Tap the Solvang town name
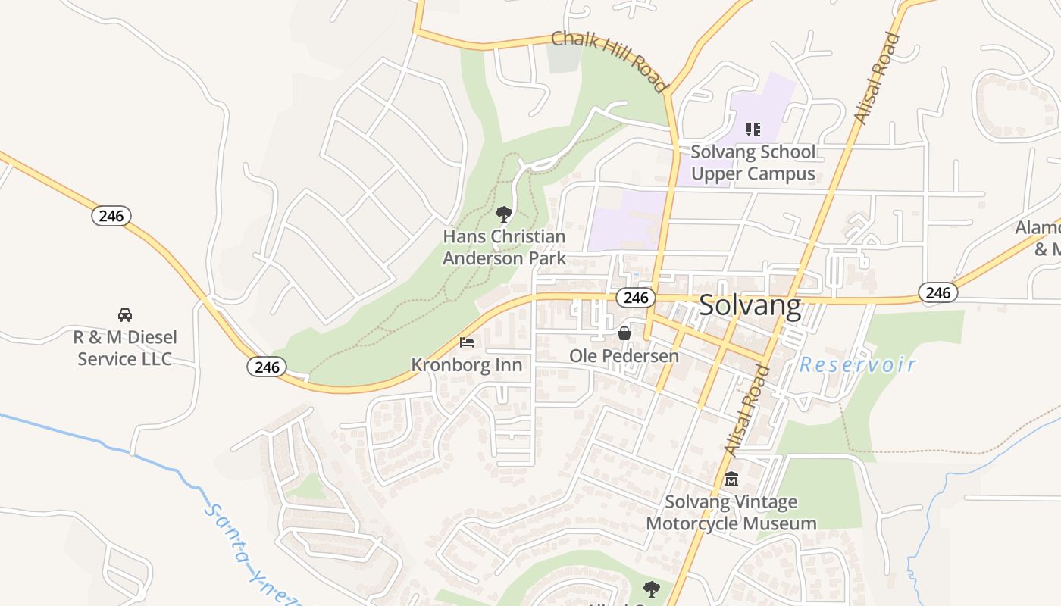point(750,305)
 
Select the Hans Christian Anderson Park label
point(504,247)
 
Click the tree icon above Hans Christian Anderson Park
point(503,214)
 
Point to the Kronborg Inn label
point(467,365)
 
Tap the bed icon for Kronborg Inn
point(467,342)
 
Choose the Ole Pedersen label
point(624,355)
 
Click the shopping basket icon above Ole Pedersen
point(624,333)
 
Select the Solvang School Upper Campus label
point(753,163)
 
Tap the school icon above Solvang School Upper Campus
point(753,130)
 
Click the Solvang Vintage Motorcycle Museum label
point(731,513)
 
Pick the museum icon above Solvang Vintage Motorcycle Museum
point(731,479)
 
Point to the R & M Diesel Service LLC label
point(125,348)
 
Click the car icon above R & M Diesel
point(125,314)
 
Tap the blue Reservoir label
point(858,365)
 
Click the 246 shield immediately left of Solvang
point(635,298)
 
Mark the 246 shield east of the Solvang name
point(937,292)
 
